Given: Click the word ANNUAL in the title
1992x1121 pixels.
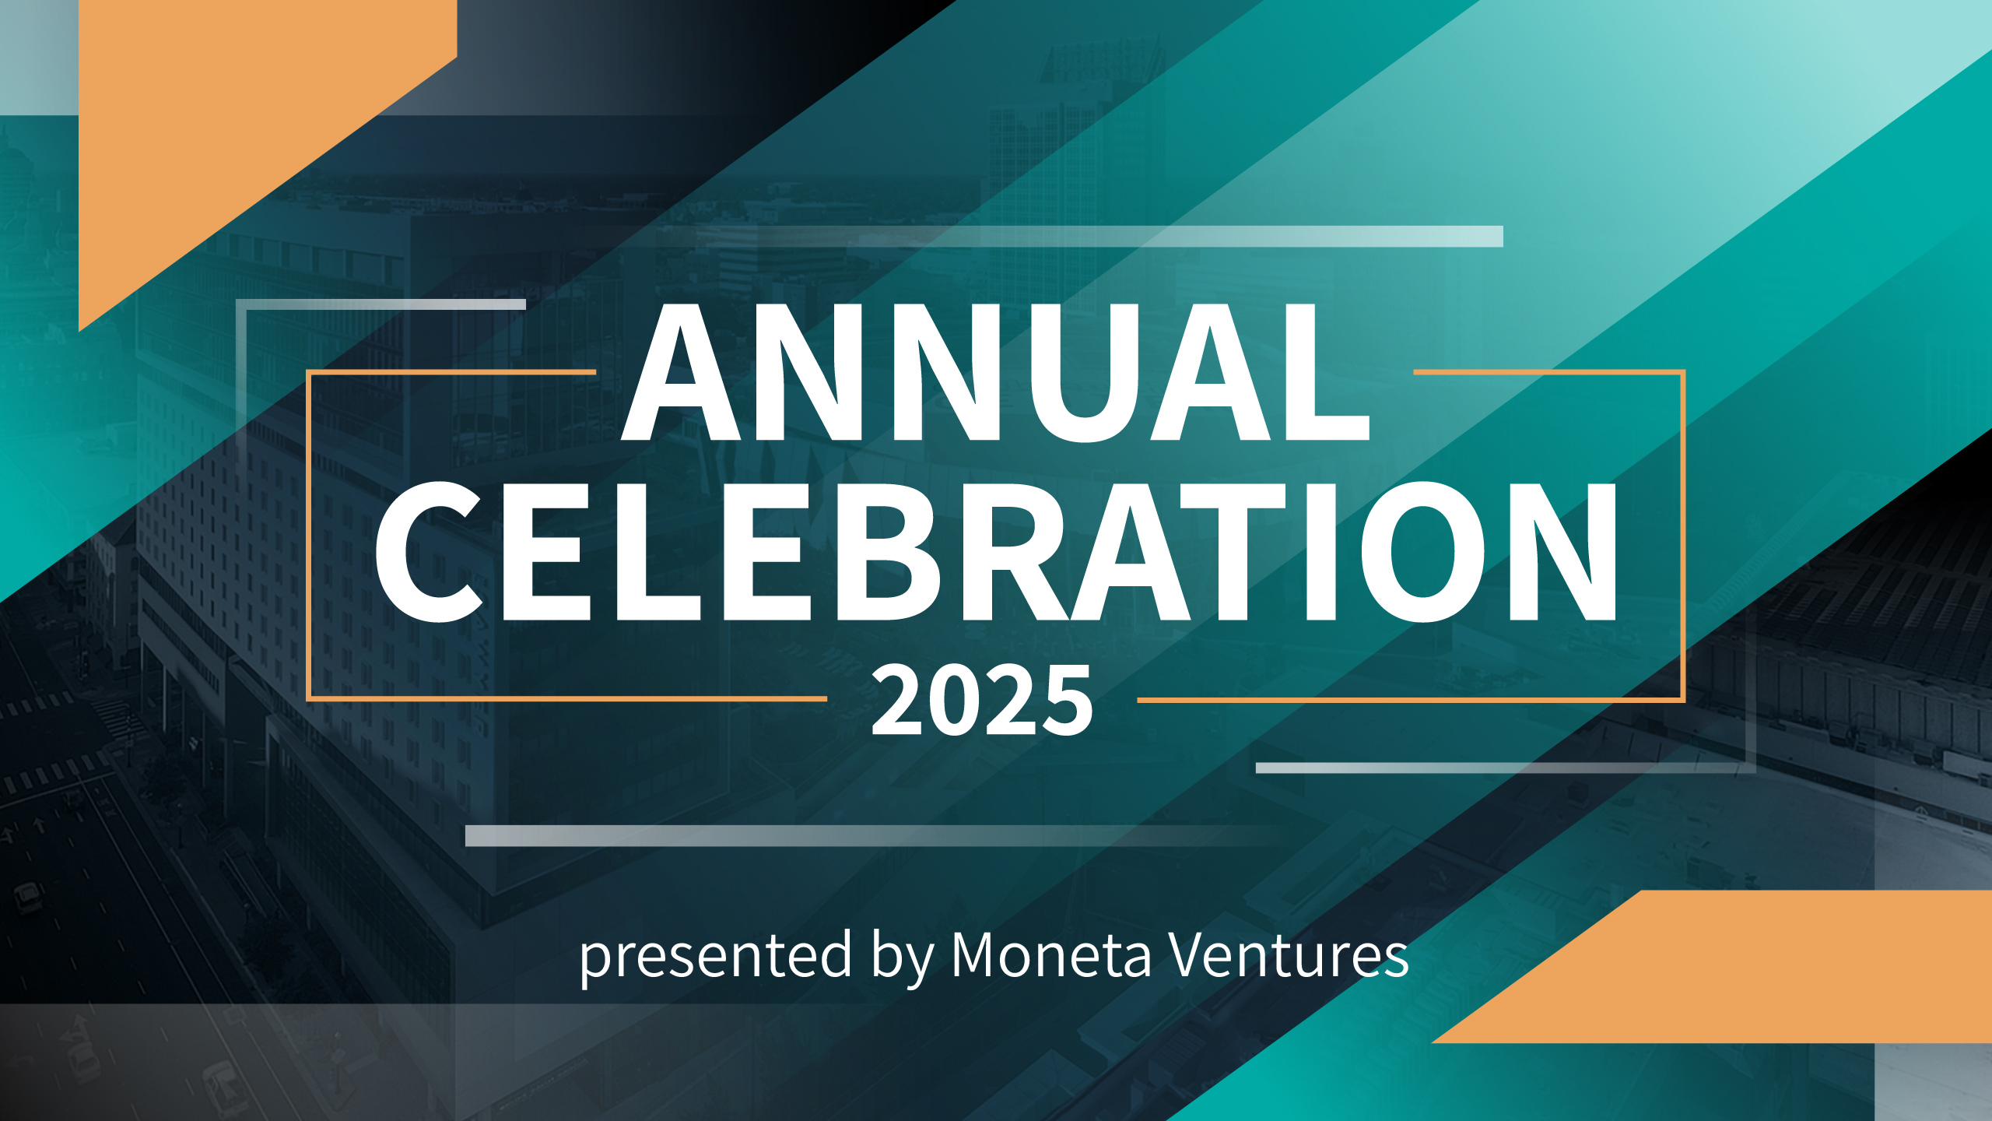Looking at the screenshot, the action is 995,372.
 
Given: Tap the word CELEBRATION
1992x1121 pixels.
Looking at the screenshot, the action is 996,552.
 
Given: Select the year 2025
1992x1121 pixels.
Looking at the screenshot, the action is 982,701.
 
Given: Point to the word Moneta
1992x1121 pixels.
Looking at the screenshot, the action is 1050,954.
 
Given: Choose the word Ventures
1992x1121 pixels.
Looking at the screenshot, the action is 1289,954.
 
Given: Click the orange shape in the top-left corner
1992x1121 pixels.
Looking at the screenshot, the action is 233,117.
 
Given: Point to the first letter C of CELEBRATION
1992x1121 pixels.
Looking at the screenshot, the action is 428,552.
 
